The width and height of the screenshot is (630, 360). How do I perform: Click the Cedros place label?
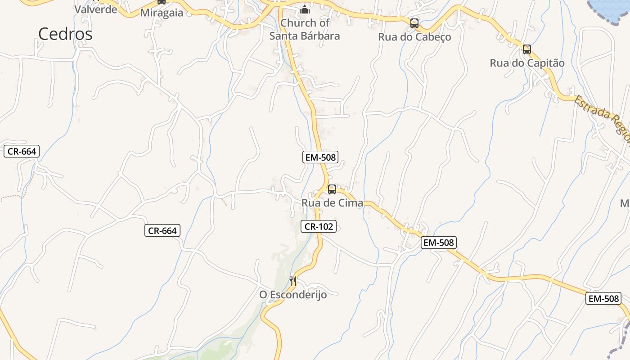coord(65,34)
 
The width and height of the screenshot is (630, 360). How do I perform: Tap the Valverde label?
coord(96,9)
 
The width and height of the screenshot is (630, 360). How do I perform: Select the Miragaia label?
coord(162,13)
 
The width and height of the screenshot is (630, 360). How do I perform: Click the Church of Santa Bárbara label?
coord(305,29)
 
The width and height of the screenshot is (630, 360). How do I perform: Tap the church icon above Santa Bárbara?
coord(305,9)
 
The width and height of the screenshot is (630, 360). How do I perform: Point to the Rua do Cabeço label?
coord(414,37)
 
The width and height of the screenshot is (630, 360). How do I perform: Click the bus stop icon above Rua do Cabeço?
coord(414,23)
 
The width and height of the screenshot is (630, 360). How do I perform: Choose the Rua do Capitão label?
coord(527,63)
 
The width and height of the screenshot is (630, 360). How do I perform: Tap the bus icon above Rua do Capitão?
coord(527,49)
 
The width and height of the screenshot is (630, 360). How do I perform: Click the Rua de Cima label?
coord(332,203)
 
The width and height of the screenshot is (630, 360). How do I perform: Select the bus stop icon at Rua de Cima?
coord(332,189)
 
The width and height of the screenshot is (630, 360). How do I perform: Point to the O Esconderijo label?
coord(293,295)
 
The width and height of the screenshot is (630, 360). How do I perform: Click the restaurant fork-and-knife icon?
coord(293,281)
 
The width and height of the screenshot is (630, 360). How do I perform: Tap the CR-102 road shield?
coord(319,226)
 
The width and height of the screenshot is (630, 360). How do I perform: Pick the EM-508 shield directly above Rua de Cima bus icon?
coord(320,157)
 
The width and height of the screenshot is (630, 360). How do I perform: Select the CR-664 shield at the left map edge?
coord(22,152)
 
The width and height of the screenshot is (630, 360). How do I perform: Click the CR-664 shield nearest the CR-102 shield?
coord(162,231)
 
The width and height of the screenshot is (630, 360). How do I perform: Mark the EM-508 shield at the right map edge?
coord(603,298)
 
